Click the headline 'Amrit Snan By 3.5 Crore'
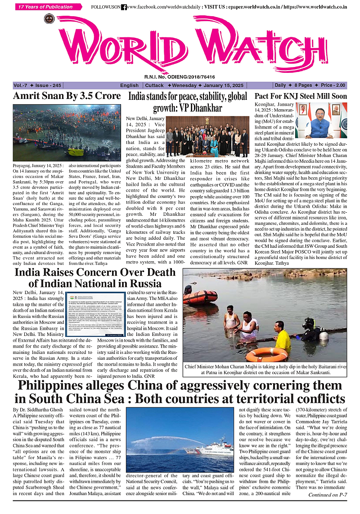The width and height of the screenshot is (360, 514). (67, 96)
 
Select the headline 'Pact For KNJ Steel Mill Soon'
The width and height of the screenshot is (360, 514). (301, 96)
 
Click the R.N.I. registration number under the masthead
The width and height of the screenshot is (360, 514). (180, 77)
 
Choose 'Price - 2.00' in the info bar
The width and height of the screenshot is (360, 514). (333, 85)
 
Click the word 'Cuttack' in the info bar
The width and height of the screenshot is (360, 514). (154, 85)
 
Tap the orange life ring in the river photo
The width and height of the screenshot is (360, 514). (267, 354)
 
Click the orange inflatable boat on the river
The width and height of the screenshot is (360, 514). (200, 297)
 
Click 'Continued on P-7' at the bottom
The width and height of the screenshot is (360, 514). (327, 495)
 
